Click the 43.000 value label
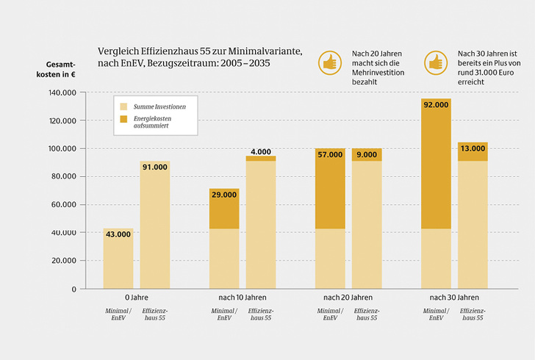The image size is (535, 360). pos(118,234)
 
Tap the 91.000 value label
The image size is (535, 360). pos(154,167)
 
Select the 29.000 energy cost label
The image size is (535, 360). pos(224,195)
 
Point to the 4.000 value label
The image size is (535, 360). pos(261,152)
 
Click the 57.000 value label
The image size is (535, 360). pos(330,154)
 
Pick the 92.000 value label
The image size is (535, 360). pos(436,105)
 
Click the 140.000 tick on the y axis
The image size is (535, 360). pos(62,93)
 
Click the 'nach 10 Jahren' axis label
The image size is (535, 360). pos(242,298)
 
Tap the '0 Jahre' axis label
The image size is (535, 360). pos(136,298)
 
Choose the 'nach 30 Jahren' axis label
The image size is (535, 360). pos(454,298)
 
